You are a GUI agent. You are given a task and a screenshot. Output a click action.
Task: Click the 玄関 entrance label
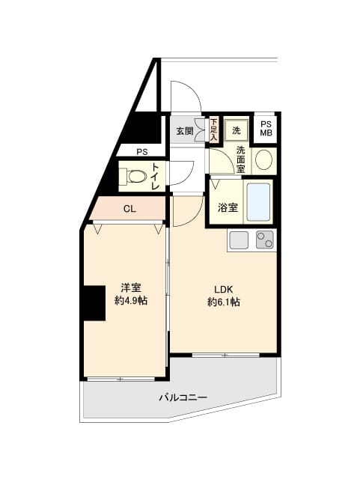pos(184,131)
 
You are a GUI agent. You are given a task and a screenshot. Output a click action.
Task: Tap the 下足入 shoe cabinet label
pos(213,129)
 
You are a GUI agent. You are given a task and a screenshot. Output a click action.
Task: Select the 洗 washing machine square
pos(236,129)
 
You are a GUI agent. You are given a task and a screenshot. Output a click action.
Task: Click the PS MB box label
pos(266,129)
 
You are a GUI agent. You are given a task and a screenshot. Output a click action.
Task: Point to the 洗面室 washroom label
pos(240,159)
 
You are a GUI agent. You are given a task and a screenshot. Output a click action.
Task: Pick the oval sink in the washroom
pos(263,160)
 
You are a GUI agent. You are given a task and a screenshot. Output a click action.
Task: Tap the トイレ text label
pos(155,177)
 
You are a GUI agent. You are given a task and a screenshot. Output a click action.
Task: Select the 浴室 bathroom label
pos(228,207)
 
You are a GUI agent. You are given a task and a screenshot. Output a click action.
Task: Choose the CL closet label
pos(129,210)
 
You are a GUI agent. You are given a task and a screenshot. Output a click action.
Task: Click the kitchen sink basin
pos(239,239)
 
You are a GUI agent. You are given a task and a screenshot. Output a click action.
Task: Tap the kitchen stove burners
pos(264,239)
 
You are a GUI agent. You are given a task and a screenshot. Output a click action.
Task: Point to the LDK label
pos(224,290)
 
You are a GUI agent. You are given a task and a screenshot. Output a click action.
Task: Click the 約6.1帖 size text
pos(224,302)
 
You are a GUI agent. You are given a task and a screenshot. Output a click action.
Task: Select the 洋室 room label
pos(131,287)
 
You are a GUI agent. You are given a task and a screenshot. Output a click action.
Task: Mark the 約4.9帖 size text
pos(131,300)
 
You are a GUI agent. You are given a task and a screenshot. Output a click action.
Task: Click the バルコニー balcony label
pos(182,397)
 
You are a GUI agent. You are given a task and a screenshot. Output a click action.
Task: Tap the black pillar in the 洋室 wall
pos(94,303)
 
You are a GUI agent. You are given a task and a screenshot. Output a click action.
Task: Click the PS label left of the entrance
pos(142,152)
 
